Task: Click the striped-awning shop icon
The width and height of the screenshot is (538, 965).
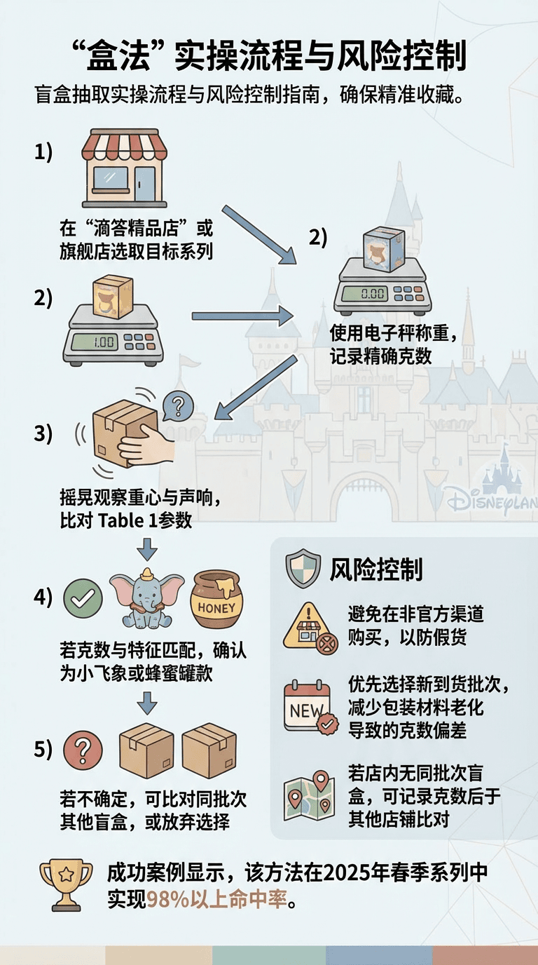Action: tap(125, 168)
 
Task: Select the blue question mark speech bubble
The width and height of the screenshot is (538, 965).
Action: tap(178, 406)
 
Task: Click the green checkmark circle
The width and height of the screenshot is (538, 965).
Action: tap(83, 599)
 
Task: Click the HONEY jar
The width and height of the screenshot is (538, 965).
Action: tap(216, 599)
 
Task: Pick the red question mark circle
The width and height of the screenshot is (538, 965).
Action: tap(83, 750)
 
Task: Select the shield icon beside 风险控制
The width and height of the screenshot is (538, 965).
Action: tap(303, 568)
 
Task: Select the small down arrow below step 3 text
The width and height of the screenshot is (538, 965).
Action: tap(147, 549)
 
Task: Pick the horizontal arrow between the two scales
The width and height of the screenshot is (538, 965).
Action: tap(243, 317)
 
